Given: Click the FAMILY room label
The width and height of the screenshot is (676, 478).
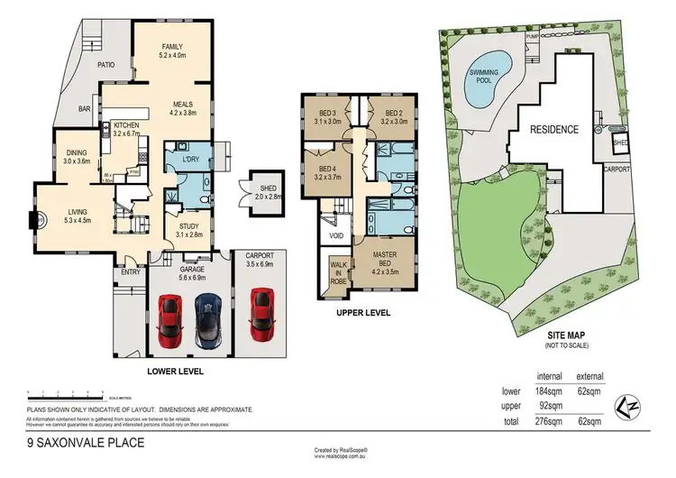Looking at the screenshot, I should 172,47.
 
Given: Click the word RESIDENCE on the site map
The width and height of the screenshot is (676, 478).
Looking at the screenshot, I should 553,129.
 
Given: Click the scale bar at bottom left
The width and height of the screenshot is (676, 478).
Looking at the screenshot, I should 68,394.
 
